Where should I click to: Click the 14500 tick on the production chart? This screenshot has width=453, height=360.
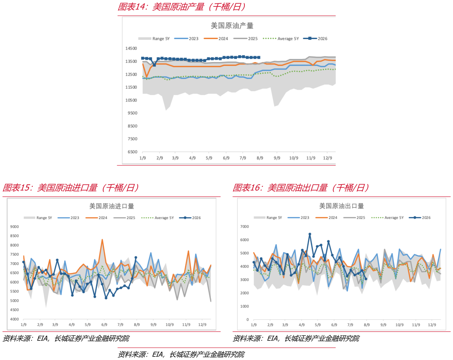pos(131,48)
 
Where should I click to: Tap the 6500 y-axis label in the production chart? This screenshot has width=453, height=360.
pos(132,152)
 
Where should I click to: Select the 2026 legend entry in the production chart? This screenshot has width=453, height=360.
pos(315,38)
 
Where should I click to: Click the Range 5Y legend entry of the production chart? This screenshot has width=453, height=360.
pos(154,39)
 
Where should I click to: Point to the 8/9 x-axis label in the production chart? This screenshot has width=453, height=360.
pos(260,158)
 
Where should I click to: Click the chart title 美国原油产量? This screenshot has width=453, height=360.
pos(232,26)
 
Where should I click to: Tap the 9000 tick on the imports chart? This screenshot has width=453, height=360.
pos(14,227)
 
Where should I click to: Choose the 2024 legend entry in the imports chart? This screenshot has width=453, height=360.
pos(96,218)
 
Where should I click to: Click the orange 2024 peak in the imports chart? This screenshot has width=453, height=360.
pos(102,239)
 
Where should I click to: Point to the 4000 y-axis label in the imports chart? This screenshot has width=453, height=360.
pos(14,319)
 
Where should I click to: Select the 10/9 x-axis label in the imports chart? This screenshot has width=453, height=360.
pos(170,325)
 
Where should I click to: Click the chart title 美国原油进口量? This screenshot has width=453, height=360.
pos(111,206)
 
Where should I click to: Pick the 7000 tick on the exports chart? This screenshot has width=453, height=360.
pos(244,227)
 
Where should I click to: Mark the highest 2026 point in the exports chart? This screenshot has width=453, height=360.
pos(310,234)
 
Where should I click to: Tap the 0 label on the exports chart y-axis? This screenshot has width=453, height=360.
pos(248,320)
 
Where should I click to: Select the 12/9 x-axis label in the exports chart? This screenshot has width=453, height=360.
pos(432,325)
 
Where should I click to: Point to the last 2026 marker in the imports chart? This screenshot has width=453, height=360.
pos(136,258)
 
